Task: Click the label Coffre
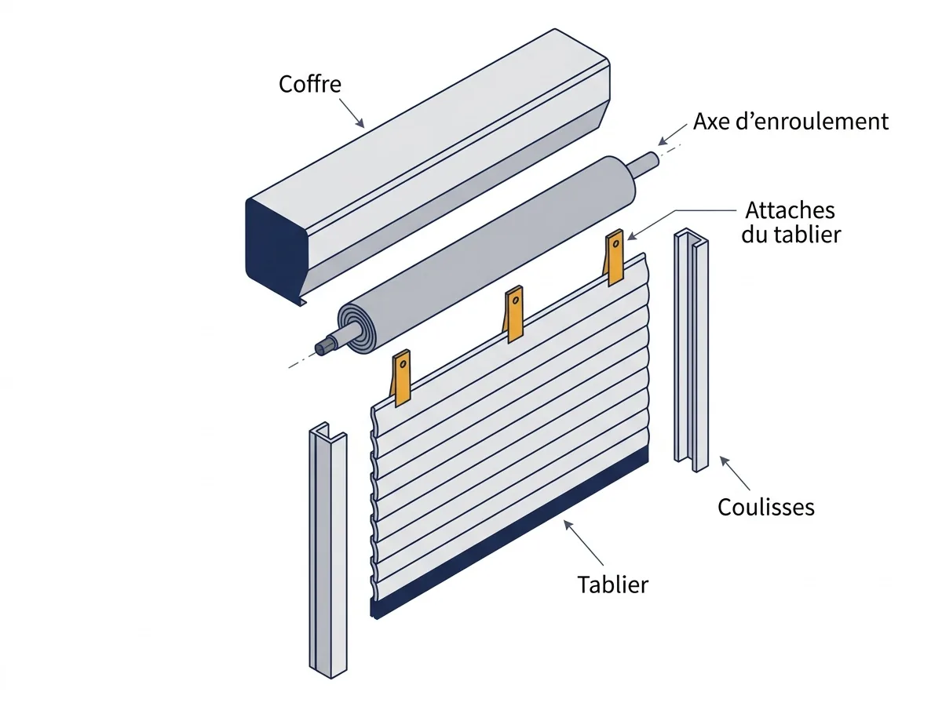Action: (x=310, y=84)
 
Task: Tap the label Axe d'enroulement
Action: (x=790, y=122)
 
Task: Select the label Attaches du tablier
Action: (x=790, y=222)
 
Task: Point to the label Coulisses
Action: (x=765, y=507)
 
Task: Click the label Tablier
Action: (x=612, y=585)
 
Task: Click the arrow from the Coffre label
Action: (x=352, y=113)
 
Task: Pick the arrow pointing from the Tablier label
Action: (x=583, y=543)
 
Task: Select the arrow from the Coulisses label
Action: (x=735, y=473)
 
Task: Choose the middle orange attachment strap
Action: (x=513, y=315)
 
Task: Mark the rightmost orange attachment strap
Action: (x=614, y=258)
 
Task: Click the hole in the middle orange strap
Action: (x=516, y=301)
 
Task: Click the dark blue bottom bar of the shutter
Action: (x=509, y=532)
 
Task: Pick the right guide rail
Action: (x=691, y=351)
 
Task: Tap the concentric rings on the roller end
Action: (x=356, y=328)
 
